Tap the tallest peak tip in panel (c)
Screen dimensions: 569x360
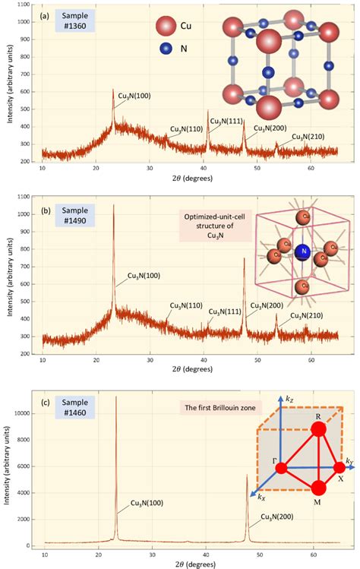(x=115, y=397)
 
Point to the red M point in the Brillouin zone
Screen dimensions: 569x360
(x=318, y=488)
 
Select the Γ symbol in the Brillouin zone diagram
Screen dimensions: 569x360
(x=270, y=460)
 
